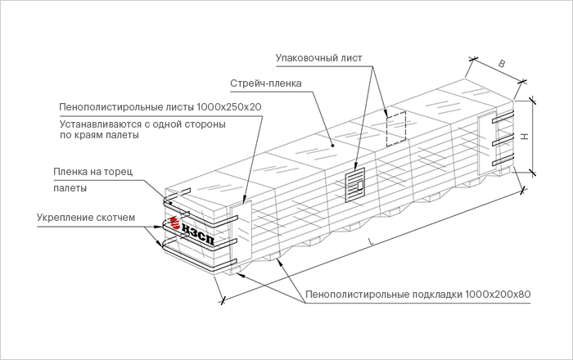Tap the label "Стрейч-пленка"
tap(265, 83)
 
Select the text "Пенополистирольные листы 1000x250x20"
tap(160, 107)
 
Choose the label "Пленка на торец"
tap(92, 172)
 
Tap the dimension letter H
tap(521, 137)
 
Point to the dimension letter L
tap(370, 241)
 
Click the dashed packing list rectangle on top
tap(396, 129)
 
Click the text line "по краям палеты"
tap(99, 136)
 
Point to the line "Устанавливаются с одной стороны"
tap(142, 123)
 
